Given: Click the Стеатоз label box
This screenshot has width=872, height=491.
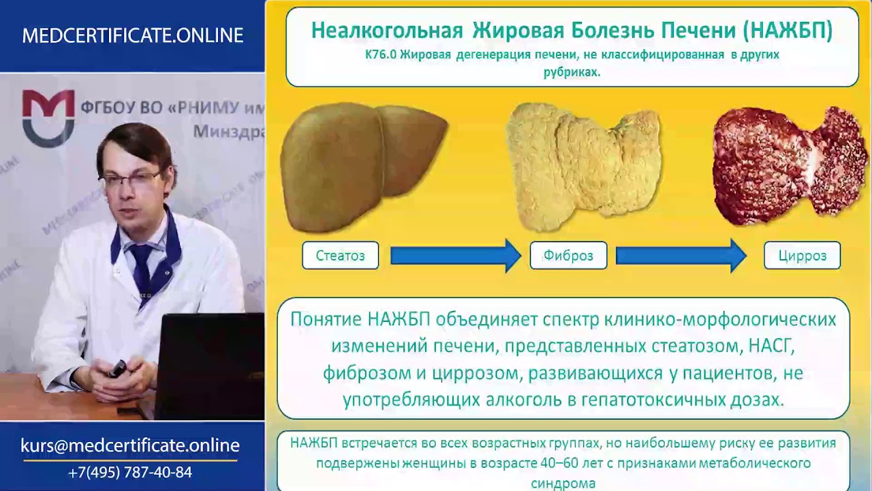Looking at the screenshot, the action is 340,255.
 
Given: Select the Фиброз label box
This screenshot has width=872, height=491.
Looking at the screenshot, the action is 568,255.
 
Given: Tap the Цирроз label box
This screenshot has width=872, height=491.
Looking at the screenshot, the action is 803,255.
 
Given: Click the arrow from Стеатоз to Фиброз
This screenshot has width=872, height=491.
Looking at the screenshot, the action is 456,256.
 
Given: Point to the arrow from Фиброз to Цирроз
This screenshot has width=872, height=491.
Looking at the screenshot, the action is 681,256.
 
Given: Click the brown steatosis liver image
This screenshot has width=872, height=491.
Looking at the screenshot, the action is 364,167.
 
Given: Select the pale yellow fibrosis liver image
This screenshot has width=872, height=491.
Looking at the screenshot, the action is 582,167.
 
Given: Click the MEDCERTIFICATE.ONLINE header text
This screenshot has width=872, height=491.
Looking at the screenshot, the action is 133,35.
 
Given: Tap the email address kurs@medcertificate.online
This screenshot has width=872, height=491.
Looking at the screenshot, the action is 130,445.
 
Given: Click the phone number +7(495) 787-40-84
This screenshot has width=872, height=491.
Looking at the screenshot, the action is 130,473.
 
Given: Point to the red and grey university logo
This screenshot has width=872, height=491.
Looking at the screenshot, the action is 48,118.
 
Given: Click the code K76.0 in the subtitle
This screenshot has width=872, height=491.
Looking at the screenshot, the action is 381,55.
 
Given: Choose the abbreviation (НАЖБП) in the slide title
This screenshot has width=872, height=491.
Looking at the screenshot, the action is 788,31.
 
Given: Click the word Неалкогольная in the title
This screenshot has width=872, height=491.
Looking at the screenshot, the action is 387,31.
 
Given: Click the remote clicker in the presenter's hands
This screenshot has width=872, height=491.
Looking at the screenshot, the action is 117,369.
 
